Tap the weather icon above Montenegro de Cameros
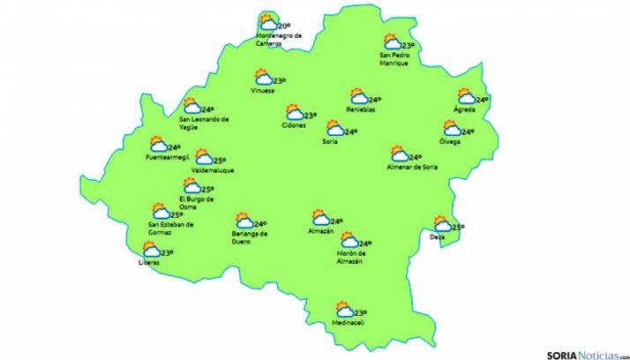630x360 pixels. pyautogui.click(x=266, y=22)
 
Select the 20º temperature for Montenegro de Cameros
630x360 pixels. pyautogui.click(x=283, y=27)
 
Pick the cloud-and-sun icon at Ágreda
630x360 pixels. pyautogui.click(x=466, y=97)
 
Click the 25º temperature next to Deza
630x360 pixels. pyautogui.click(x=458, y=228)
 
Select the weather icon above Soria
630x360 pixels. pyautogui.click(x=334, y=129)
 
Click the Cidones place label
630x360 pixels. pyautogui.click(x=294, y=125)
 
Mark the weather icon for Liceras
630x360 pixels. pyautogui.click(x=152, y=251)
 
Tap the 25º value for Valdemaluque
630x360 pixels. pyautogui.click(x=220, y=161)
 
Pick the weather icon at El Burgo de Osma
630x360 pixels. pyautogui.click(x=191, y=186)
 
